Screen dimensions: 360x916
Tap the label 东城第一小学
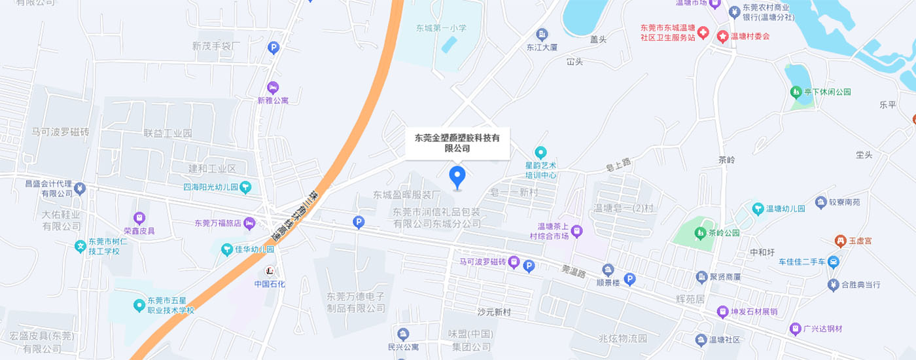(441, 28)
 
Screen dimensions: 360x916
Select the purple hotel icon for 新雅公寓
(273, 88)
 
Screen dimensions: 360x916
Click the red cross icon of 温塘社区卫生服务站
(703, 32)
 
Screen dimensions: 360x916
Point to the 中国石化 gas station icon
(270, 270)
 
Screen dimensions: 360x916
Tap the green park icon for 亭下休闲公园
(796, 92)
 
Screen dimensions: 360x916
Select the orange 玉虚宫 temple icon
(840, 242)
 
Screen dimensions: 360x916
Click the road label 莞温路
(572, 270)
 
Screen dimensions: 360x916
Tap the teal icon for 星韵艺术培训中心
(540, 153)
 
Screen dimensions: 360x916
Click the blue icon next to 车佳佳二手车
(833, 262)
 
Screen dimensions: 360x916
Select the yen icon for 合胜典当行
(833, 285)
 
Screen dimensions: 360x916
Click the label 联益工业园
(168, 133)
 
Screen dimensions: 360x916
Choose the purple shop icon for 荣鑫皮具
(139, 218)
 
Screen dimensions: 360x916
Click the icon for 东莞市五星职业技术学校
(139, 305)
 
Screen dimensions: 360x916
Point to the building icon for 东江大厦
(542, 35)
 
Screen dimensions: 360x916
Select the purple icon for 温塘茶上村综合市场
(576, 230)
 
